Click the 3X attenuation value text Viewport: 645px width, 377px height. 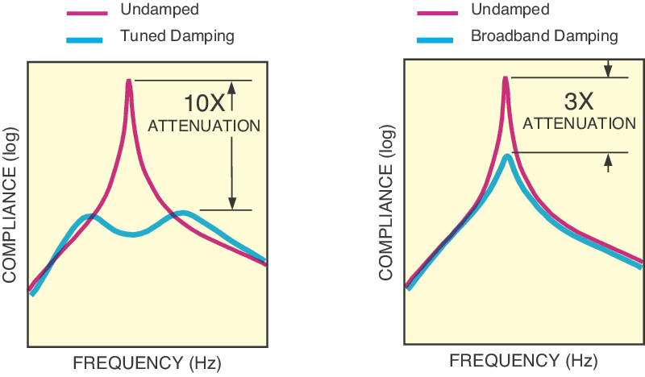pyautogui.click(x=578, y=101)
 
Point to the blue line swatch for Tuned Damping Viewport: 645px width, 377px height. pyautogui.click(x=85, y=37)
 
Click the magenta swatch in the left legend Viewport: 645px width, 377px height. pyautogui.click(x=85, y=13)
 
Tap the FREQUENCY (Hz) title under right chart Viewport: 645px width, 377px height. pyautogui.click(x=524, y=359)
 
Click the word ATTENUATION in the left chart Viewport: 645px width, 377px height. pyautogui.click(x=204, y=126)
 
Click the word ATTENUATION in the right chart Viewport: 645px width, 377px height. pyautogui.click(x=579, y=123)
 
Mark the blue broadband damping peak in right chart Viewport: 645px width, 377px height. pyautogui.click(x=506, y=155)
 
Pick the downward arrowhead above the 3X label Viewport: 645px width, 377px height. pyautogui.click(x=608, y=71)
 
